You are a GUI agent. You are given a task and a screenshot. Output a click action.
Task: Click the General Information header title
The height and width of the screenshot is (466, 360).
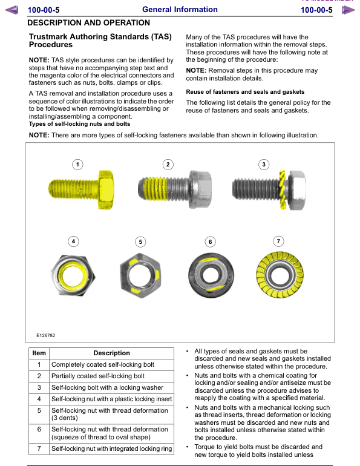click(x=180, y=10)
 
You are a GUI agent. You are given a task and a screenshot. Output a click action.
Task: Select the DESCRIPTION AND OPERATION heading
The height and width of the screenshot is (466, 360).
click(x=89, y=23)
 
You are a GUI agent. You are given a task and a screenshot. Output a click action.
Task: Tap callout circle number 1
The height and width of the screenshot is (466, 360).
click(x=77, y=164)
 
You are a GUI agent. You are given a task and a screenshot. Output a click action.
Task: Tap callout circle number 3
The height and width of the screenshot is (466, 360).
click(x=264, y=164)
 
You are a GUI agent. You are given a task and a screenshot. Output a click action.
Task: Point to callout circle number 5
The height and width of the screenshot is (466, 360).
click(x=140, y=241)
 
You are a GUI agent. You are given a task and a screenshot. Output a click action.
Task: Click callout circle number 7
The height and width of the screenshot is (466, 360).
click(x=278, y=241)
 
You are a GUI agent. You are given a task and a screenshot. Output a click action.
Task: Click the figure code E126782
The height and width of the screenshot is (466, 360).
click(x=45, y=335)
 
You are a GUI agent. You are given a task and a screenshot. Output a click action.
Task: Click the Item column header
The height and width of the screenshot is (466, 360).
click(x=39, y=353)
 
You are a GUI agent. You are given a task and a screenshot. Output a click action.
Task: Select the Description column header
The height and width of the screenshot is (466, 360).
click(x=111, y=353)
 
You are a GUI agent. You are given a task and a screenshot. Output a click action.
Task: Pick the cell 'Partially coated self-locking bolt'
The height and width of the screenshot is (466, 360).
click(x=98, y=376)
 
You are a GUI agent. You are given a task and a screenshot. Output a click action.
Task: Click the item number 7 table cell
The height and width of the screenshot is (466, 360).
click(x=39, y=448)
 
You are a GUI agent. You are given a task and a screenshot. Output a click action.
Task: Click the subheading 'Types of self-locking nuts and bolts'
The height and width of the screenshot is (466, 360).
click(x=79, y=124)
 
